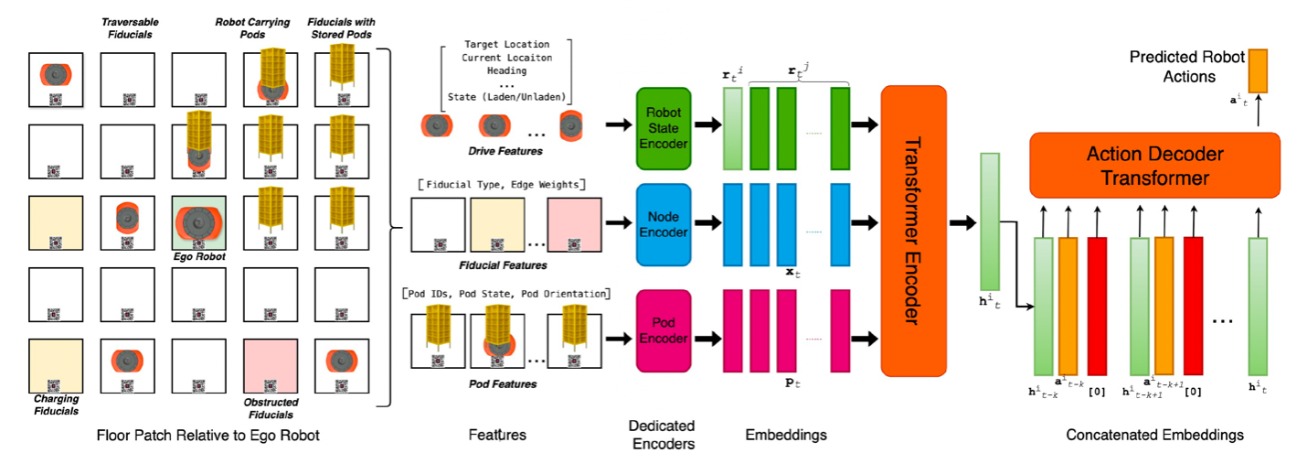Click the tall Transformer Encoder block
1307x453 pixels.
[x=913, y=231]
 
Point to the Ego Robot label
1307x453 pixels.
[x=200, y=257]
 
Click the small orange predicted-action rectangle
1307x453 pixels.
[x=1259, y=70]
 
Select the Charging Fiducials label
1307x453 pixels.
[x=56, y=404]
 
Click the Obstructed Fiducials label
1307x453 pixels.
[x=271, y=408]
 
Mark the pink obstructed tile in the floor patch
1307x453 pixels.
[x=271, y=366]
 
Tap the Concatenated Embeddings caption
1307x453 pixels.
[x=1155, y=435]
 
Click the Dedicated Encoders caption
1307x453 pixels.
[x=663, y=435]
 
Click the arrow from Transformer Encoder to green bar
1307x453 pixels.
[x=962, y=222]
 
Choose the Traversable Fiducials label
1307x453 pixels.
[x=127, y=27]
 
